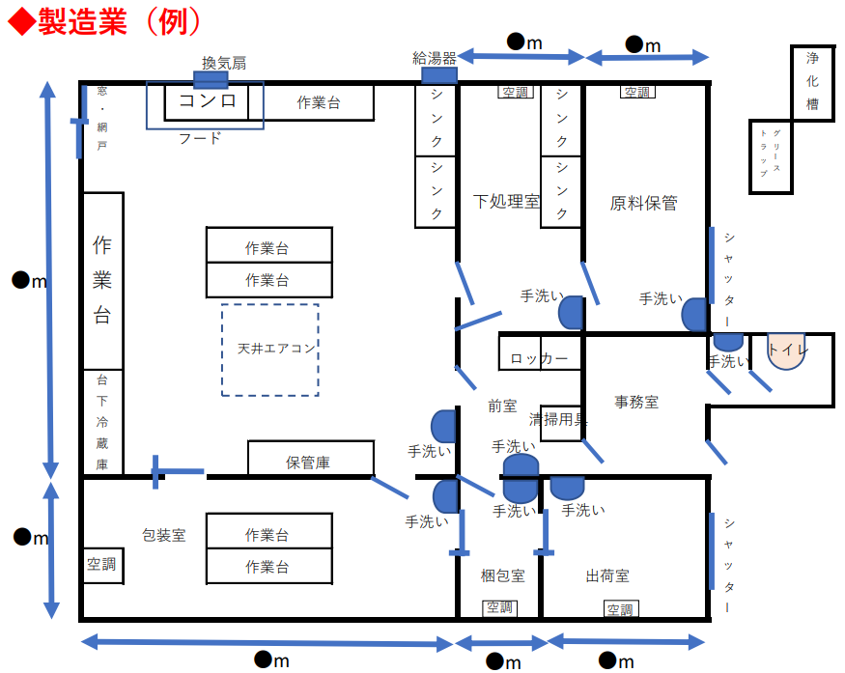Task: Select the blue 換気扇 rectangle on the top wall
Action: pos(210,80)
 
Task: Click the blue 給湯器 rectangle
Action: pos(439,75)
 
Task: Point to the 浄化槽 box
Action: pos(812,81)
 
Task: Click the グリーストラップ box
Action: pos(772,154)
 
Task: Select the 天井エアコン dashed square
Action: pos(270,350)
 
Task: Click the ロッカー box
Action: pos(540,358)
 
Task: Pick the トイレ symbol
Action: pos(787,351)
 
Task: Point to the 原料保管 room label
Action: pos(643,203)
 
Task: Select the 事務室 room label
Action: pos(636,402)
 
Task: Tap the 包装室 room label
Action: pos(163,535)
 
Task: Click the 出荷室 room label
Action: pos(607,575)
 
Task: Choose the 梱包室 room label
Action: pos(503,575)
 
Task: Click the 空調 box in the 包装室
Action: pos(102,565)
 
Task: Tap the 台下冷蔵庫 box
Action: pos(102,422)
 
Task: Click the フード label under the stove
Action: pos(200,138)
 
